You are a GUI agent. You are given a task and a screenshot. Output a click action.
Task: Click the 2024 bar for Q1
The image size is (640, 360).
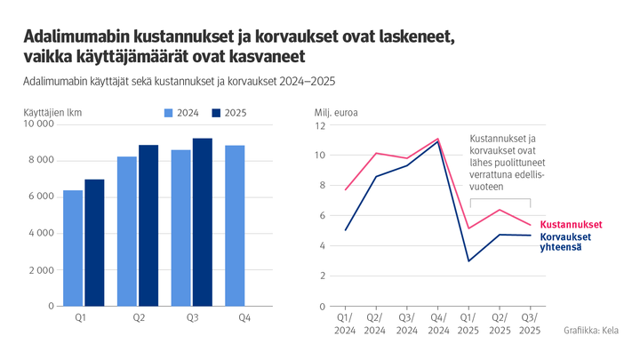(73, 248)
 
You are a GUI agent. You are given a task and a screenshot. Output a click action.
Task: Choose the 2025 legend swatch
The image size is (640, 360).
(217, 113)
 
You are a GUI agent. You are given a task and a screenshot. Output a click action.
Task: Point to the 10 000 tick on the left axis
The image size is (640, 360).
(39, 124)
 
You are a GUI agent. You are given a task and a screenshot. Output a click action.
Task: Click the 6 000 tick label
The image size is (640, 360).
(42, 196)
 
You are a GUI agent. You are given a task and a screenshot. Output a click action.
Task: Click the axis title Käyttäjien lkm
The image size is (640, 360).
(52, 112)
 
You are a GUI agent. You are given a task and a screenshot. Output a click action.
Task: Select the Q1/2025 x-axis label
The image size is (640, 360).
(468, 324)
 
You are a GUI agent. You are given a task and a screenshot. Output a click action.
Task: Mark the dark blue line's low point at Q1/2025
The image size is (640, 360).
(468, 260)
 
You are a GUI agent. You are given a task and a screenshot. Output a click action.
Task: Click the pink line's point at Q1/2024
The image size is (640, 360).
(345, 189)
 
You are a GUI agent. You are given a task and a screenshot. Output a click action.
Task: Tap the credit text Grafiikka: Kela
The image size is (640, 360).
(592, 331)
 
